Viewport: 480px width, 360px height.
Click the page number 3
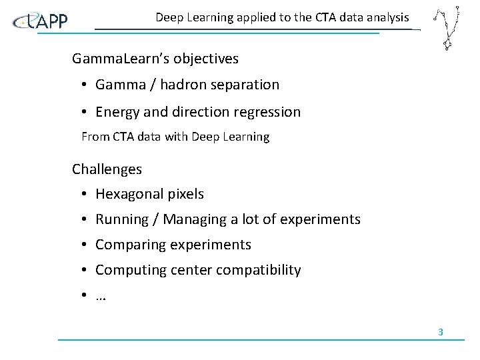point(441,332)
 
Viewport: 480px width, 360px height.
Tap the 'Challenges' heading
point(107,169)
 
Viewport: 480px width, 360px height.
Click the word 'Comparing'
point(130,245)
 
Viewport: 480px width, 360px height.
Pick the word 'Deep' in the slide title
point(169,17)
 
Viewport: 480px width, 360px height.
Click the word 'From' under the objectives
point(94,137)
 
